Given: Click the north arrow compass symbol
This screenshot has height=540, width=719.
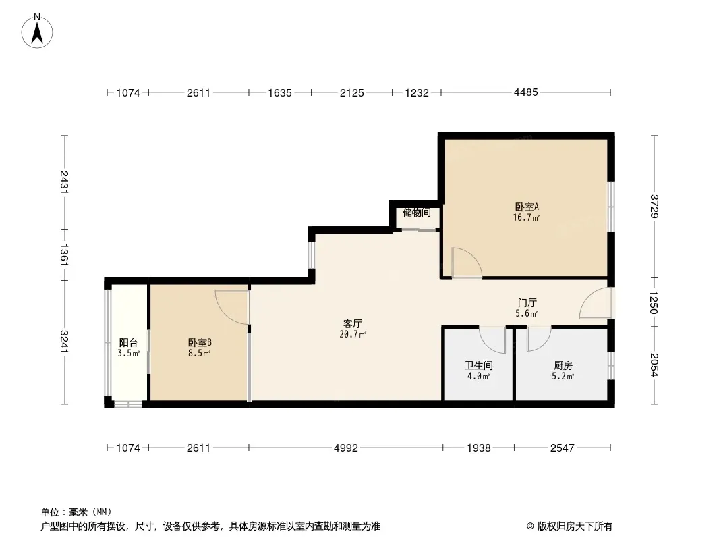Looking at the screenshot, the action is click(x=37, y=31).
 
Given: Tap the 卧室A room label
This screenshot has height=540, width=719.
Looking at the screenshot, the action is click(x=526, y=207).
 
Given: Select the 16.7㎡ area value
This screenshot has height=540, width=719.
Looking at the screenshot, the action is click(x=526, y=217).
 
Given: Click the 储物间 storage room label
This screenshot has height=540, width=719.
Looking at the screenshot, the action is click(x=416, y=213).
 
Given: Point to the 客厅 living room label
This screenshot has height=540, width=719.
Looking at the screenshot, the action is click(x=353, y=323).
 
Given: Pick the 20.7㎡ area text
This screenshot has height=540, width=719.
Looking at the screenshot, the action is click(x=353, y=334).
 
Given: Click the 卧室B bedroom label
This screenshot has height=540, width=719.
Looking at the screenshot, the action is click(x=200, y=342).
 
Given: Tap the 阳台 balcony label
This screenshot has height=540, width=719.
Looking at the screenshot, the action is click(x=128, y=342).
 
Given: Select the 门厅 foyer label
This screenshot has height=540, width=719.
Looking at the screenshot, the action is click(x=527, y=303).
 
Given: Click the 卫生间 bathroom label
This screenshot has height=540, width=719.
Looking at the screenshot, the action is click(x=479, y=365).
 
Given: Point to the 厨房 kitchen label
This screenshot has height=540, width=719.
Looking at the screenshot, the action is click(x=563, y=365).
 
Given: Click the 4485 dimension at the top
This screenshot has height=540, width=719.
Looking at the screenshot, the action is click(x=525, y=92).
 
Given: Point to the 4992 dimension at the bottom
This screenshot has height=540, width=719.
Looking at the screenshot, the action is click(x=346, y=448).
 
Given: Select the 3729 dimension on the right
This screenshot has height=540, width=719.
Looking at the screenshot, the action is click(x=654, y=207).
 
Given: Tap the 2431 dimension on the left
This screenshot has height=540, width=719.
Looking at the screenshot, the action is click(x=64, y=182).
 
